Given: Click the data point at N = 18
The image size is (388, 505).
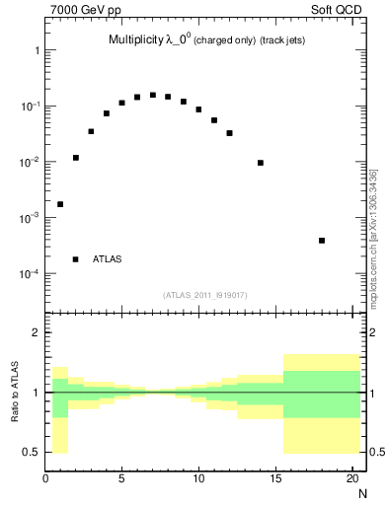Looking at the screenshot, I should coord(322,241).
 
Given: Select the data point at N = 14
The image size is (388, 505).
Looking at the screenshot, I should coord(261,163).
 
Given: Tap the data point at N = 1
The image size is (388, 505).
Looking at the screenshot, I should coord(60,204).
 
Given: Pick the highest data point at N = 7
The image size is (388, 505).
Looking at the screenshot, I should coord(153,95).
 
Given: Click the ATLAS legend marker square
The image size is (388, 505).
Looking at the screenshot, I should coord(76,259).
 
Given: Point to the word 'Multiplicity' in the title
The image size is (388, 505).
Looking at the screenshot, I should coord(137,41).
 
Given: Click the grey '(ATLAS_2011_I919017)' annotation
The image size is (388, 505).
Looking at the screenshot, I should coord(205,295).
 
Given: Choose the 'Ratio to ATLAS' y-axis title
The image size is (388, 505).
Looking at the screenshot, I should coord(15,392).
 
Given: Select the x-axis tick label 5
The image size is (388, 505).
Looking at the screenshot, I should coord(121,479).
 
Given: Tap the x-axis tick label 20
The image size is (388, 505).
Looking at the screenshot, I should coord(352,479).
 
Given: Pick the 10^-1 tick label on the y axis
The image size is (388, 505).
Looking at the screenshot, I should coord(26,106).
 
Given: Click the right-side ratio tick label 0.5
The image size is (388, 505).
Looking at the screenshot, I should coord(375,452).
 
